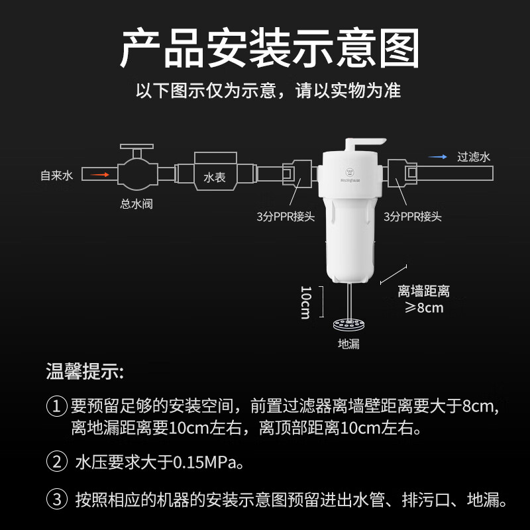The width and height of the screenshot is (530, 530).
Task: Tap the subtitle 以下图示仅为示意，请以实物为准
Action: click(x=268, y=91)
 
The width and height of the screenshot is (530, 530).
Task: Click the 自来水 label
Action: click(x=55, y=176)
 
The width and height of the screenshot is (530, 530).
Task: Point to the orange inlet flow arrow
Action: click(x=99, y=175)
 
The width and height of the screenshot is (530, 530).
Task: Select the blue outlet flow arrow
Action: click(x=437, y=157)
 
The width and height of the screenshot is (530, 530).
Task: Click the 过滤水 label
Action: click(x=473, y=157)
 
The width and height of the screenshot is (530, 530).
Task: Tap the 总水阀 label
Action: click(x=136, y=204)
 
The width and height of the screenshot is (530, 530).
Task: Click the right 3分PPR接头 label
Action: click(x=411, y=216)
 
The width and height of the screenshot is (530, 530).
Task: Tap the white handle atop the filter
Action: click(x=364, y=142)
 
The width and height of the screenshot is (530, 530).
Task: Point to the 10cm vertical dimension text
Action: click(x=305, y=302)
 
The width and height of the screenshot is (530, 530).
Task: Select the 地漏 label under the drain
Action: click(x=348, y=344)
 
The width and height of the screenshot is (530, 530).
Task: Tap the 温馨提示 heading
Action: click(x=84, y=372)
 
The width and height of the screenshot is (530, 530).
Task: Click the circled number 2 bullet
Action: click(x=56, y=461)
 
